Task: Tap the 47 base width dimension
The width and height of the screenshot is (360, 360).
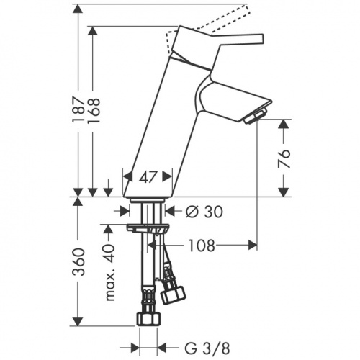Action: point(148,176)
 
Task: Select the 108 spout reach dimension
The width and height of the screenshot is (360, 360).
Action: point(202,245)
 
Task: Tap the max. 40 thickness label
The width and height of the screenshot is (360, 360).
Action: point(109,274)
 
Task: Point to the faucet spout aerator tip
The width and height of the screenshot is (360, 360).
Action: point(256,114)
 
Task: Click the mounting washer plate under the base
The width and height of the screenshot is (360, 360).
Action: point(148,228)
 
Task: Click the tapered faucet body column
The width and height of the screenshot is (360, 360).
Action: point(162,122)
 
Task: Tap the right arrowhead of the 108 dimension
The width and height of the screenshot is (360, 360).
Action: point(253,245)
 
